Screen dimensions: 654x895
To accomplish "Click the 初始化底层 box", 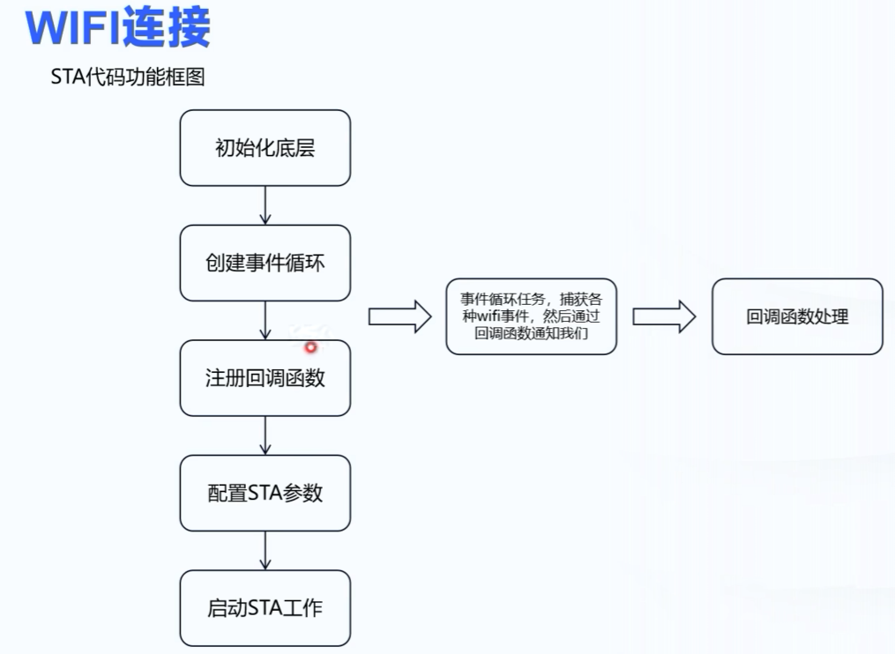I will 265,148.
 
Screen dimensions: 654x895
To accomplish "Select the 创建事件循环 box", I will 265,263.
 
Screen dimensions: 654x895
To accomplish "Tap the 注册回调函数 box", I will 265,378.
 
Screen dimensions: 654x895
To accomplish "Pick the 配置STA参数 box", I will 265,493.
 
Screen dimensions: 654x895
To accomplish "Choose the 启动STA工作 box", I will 265,607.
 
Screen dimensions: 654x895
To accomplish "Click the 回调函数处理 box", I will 797,316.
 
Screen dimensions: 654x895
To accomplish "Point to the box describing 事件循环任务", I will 531,316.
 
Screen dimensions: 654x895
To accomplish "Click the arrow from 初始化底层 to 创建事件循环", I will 265,205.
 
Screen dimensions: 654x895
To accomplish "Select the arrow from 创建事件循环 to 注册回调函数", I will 265,320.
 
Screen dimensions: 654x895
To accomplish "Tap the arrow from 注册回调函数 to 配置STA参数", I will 265,435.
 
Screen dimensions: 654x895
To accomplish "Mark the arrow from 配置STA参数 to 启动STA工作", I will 265,550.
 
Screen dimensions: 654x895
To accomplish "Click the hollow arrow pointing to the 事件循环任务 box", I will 399,316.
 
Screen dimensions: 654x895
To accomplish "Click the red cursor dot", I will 310,347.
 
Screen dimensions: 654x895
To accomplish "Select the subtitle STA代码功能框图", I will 127,78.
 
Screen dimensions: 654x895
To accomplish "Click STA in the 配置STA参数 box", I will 264,493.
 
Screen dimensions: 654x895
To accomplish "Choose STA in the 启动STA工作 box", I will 265,607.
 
